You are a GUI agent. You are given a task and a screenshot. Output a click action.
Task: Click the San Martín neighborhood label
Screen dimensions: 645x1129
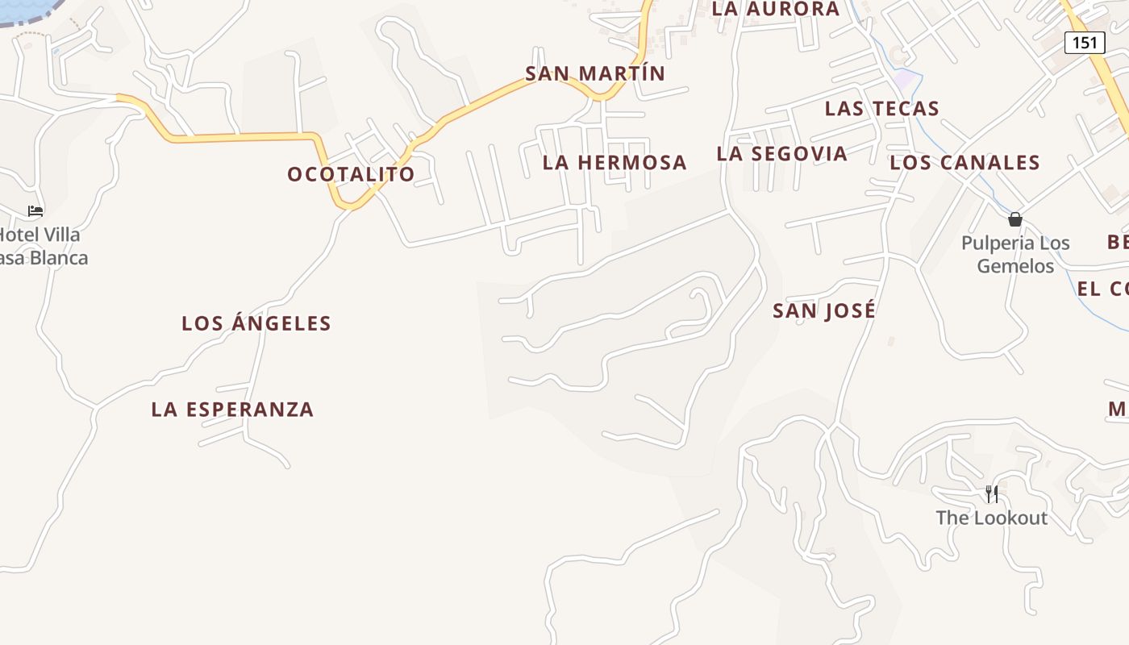point(595,73)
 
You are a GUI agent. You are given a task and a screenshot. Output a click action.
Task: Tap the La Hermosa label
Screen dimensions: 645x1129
point(614,162)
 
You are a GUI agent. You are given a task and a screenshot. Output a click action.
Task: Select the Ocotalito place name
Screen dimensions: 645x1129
point(351,174)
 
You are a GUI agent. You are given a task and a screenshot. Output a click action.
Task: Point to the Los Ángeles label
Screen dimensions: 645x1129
point(256,323)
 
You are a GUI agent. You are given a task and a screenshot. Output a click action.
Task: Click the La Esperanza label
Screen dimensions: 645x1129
point(232,410)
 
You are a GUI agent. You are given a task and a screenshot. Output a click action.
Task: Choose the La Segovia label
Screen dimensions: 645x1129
point(781,153)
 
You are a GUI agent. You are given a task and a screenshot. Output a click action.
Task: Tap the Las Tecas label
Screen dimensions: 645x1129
point(881,109)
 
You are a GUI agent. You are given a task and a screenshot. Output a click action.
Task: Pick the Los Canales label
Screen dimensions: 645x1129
point(964,162)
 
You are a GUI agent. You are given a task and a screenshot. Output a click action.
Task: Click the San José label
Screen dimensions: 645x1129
point(823,310)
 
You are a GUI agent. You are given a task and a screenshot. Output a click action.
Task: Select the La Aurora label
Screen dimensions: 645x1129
point(777,9)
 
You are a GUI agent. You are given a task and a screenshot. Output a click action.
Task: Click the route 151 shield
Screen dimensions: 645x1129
point(1084,42)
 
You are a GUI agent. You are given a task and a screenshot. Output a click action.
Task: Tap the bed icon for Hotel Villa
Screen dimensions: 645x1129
point(35,211)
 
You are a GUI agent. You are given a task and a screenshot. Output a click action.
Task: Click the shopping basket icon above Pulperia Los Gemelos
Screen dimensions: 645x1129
point(1014,219)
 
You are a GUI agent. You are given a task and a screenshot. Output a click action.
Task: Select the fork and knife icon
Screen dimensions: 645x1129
point(991,493)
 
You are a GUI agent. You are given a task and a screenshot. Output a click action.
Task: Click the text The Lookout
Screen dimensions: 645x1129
point(991,518)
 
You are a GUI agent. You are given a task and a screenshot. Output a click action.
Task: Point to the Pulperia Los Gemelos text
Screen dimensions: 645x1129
point(1015,254)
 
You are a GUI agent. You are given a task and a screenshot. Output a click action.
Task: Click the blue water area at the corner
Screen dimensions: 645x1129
point(24,8)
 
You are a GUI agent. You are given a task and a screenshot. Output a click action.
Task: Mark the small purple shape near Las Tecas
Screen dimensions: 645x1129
point(907,79)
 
